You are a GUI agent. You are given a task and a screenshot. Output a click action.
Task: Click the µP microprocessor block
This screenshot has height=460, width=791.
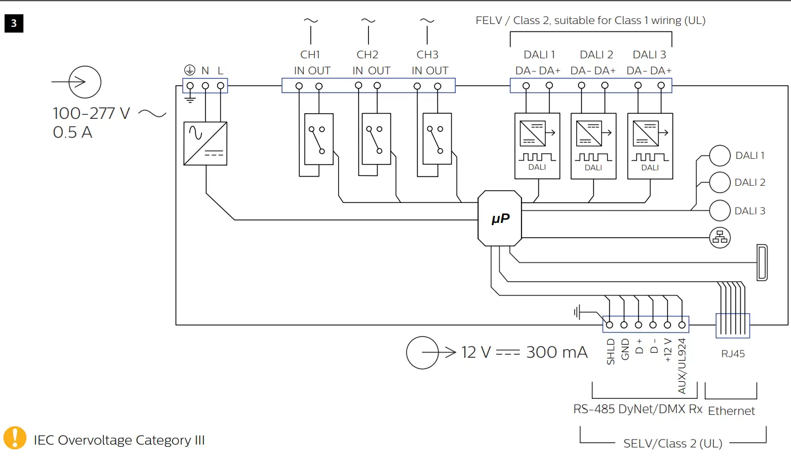tap(500, 218)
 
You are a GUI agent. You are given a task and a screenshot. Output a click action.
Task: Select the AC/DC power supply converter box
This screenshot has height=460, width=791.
tap(205, 143)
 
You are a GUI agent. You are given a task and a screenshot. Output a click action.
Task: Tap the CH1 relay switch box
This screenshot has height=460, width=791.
tap(319, 139)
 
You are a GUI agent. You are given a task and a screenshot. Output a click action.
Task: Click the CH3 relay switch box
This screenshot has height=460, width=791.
tap(437, 139)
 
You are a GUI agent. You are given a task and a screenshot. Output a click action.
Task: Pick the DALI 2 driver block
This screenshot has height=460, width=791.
tap(593, 146)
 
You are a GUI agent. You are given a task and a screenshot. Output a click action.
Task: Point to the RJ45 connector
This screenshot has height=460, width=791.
tap(733, 326)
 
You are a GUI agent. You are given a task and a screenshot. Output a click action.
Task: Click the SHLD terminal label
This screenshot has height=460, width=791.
tap(611, 352)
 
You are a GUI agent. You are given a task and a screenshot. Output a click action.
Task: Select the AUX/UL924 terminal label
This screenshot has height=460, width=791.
tap(682, 366)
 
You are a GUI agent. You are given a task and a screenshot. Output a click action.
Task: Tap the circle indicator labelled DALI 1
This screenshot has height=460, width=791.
tap(720, 155)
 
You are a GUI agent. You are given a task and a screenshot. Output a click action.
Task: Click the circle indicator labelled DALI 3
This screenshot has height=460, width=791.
tap(720, 211)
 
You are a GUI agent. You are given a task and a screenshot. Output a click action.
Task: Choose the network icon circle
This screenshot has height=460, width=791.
tap(720, 237)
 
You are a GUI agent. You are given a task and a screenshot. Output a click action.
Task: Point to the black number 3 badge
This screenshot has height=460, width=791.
tap(14, 24)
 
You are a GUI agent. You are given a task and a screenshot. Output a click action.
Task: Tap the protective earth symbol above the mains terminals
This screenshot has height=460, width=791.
tap(189, 70)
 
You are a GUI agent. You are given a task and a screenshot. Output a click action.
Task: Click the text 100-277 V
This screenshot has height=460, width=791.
tap(91, 113)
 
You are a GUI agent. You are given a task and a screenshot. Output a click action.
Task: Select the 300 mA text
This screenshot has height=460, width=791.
tap(556, 352)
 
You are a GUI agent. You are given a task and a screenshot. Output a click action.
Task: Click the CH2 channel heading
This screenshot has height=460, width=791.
tap(368, 55)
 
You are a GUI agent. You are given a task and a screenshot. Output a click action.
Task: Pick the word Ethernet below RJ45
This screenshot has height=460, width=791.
tap(731, 411)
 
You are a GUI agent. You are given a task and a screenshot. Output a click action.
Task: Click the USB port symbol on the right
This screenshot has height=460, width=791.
tap(762, 262)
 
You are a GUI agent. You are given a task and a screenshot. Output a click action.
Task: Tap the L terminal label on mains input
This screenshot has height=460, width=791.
tap(220, 71)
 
